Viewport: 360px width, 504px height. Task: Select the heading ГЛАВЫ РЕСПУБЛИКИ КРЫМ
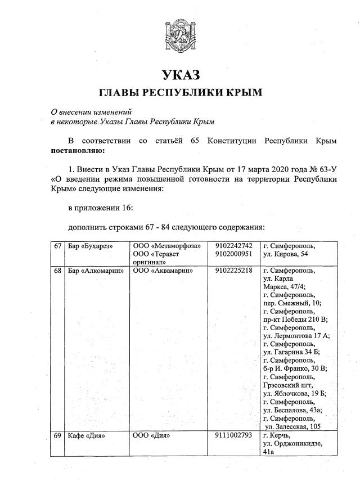point(181,92)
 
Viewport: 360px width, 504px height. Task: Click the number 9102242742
point(233,246)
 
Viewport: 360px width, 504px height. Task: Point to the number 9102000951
point(233,254)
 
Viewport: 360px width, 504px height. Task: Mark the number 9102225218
point(233,271)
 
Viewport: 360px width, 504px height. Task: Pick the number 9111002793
point(233,435)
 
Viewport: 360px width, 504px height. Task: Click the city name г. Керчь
point(277,435)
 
